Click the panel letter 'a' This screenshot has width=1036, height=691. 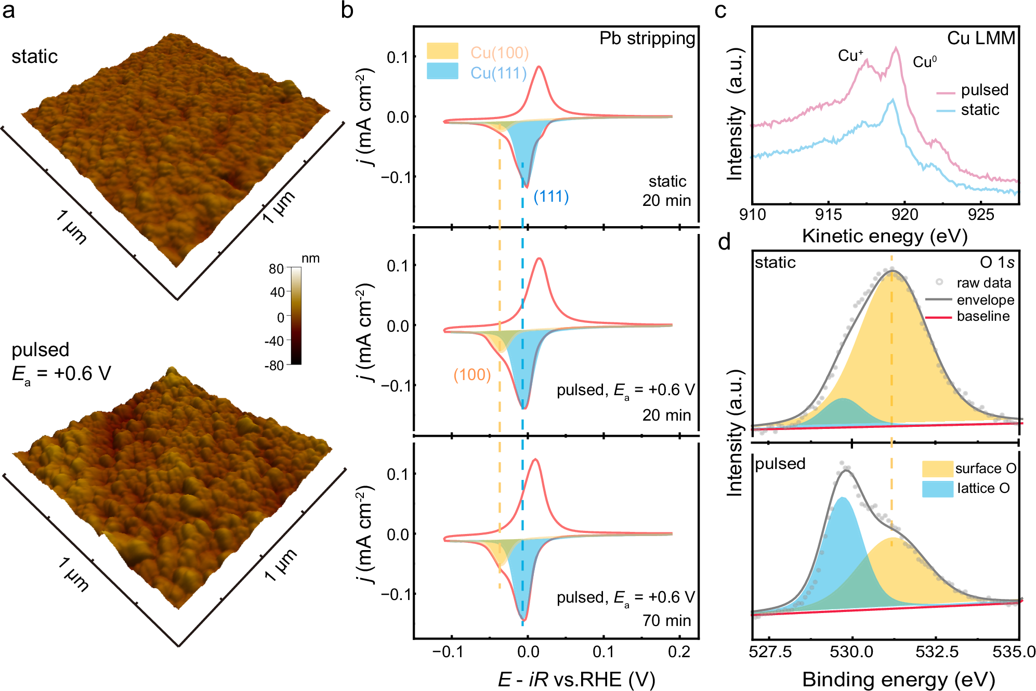click(8, 10)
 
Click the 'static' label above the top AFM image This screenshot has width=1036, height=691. click(34, 57)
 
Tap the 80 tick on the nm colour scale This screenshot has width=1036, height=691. click(276, 269)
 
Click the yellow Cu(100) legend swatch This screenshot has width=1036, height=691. click(442, 51)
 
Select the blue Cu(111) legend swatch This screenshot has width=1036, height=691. click(442, 71)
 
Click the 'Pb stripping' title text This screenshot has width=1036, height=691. click(647, 38)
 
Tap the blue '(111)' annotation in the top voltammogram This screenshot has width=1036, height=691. click(551, 197)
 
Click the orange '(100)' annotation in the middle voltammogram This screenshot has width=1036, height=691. click(472, 375)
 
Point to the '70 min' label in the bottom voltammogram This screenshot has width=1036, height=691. click(666, 620)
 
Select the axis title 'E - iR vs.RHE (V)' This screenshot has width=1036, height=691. click(576, 679)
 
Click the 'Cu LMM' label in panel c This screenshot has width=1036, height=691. click(981, 38)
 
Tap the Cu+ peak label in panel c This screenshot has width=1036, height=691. click(850, 56)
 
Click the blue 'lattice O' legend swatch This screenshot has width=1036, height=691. click(937, 489)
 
